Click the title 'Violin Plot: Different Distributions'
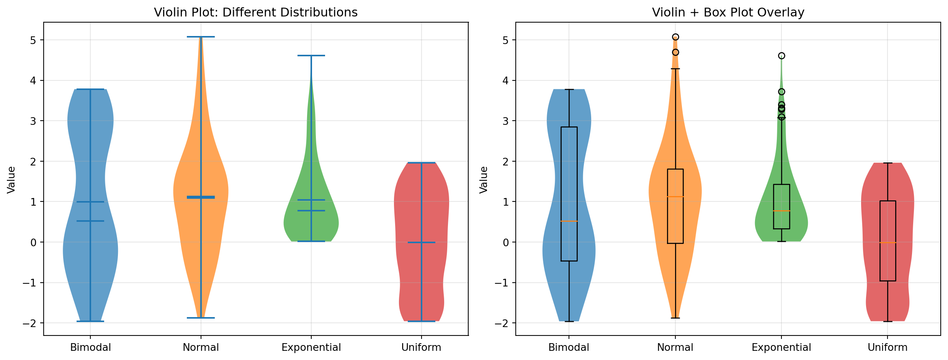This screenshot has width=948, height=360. coord(256,13)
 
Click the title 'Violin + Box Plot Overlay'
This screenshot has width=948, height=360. coord(728,13)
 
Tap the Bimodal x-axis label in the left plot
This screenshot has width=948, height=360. coord(90,347)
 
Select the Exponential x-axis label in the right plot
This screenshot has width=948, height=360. coord(781,347)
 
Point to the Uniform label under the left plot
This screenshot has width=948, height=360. coord(421,347)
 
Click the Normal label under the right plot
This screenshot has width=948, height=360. coord(675,347)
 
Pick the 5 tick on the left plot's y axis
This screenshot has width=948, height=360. coord(34,40)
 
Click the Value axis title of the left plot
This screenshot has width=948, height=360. coord(11,180)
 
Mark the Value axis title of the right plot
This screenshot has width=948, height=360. coord(484,180)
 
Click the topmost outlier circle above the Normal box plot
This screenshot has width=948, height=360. coord(675,37)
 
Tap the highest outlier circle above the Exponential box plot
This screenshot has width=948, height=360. coord(781,56)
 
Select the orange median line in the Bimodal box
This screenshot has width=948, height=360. coord(569,221)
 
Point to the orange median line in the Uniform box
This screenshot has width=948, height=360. coord(888,243)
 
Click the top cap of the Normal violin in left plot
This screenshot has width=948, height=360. coord(201,37)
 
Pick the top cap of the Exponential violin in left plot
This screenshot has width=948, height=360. coord(311,56)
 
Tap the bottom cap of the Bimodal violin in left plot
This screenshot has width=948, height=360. coord(90,321)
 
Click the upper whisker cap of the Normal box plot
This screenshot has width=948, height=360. coord(675,69)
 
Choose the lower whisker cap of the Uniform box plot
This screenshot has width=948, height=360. coord(888,321)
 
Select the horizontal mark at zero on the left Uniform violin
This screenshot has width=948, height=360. coord(421,242)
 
